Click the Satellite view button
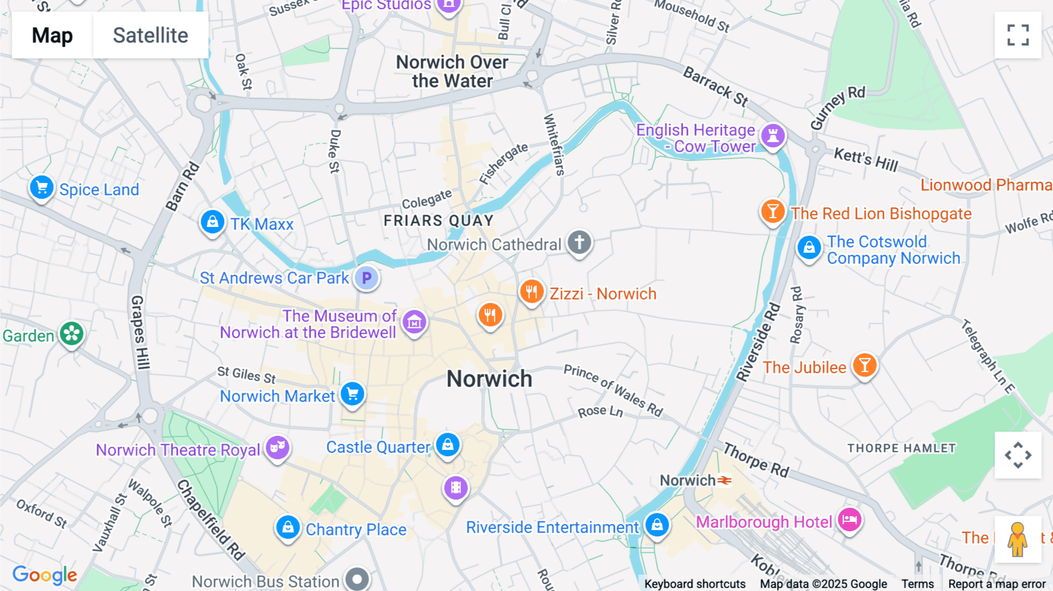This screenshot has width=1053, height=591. point(150,35)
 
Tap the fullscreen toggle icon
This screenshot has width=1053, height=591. point(1018,35)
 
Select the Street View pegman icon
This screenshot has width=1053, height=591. point(1017,539)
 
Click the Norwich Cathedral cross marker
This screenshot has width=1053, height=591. point(579,242)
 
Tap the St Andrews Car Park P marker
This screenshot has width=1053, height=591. point(367,278)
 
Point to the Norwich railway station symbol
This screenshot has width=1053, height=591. point(725,480)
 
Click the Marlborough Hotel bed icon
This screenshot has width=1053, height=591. point(849,519)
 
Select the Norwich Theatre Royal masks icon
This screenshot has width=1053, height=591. point(277,448)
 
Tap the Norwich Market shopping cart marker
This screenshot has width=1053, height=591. point(353,394)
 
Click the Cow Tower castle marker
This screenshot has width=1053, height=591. point(773,135)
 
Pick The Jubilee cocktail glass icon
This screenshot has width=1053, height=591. point(864,365)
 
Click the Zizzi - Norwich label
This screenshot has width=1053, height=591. point(603,294)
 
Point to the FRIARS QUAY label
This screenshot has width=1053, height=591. point(439,221)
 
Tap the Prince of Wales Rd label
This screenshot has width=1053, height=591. point(613,390)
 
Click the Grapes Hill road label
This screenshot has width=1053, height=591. point(139,332)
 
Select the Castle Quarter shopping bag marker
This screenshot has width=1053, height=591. point(448,445)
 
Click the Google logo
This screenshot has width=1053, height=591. point(45,575)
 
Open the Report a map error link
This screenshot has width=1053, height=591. point(996,584)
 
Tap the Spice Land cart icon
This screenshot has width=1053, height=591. point(42,188)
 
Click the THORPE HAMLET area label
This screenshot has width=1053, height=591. point(901,448)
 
